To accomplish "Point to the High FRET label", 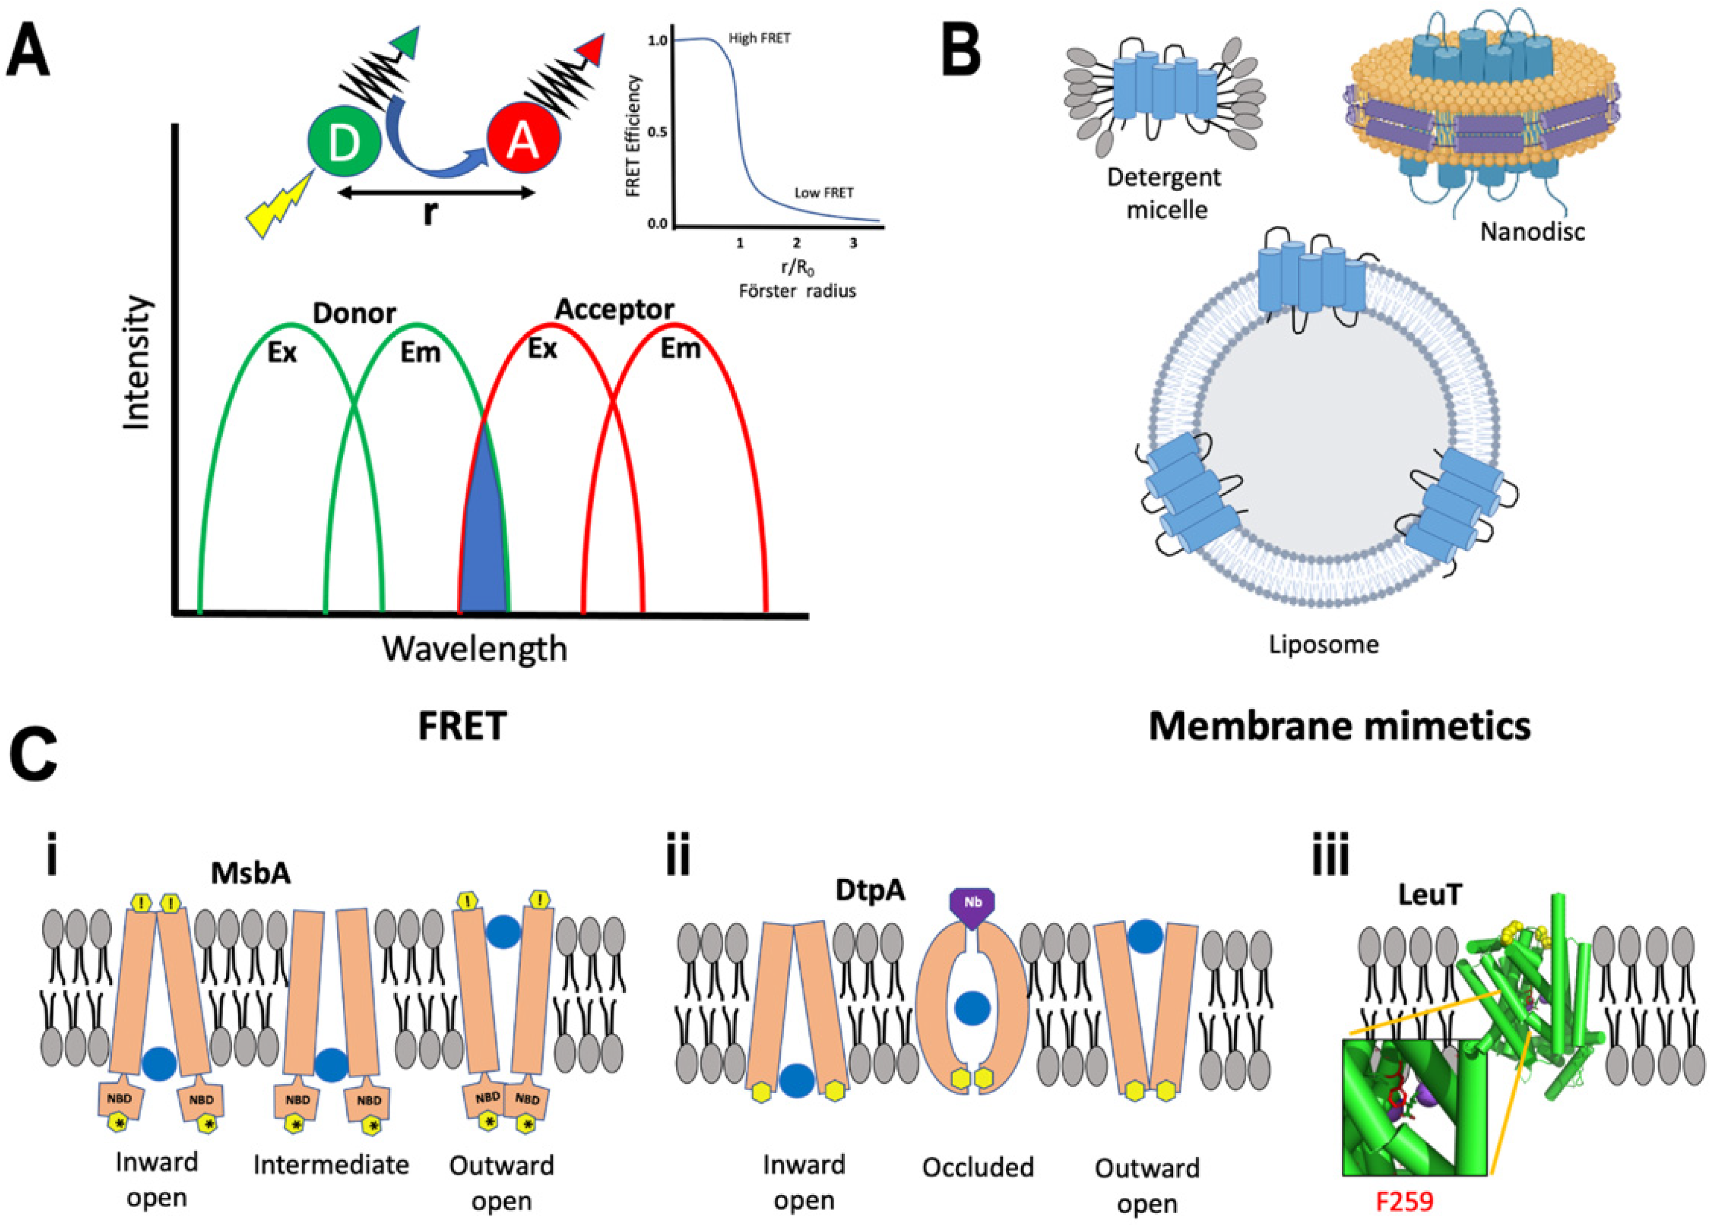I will [759, 38].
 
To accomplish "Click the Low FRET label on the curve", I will [823, 193].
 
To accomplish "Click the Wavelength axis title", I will [474, 649].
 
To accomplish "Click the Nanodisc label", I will [1532, 231].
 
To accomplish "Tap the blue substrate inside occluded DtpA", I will [972, 1008].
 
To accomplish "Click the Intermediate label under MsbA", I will [331, 1165].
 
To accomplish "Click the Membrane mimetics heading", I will [1339, 726].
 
